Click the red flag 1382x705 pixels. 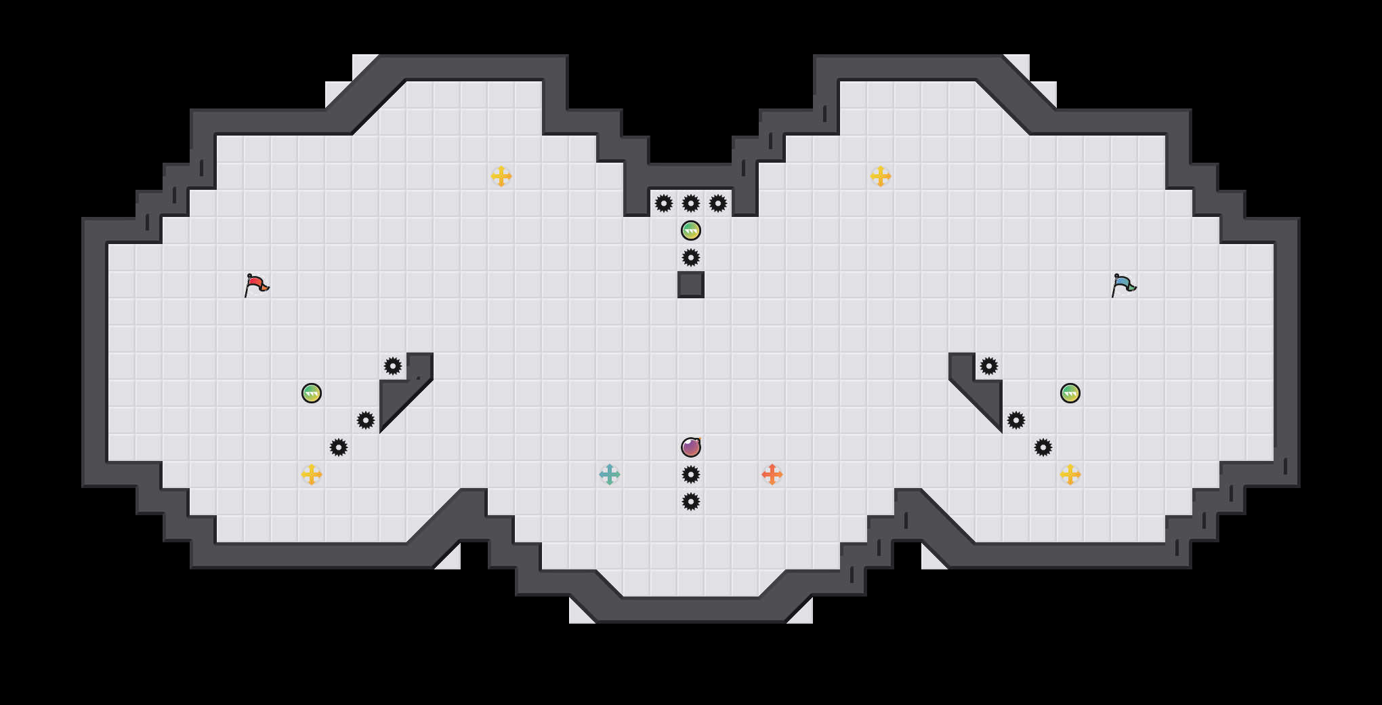click(256, 285)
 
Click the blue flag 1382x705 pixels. click(1123, 285)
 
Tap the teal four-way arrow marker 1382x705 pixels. click(610, 475)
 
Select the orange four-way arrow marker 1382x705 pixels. click(772, 475)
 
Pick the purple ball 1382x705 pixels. click(691, 447)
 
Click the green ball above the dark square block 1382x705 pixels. click(691, 230)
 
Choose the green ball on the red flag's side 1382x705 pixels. click(312, 393)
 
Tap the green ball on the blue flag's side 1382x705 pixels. click(1070, 393)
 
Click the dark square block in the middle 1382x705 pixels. click(691, 285)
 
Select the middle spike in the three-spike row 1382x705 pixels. click(691, 203)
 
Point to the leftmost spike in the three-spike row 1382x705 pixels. click(664, 203)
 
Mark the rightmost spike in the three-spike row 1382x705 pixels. click(718, 203)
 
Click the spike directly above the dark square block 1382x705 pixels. click(691, 258)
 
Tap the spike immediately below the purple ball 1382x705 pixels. click(691, 475)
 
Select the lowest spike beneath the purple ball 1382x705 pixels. click(691, 502)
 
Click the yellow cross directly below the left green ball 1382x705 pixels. click(312, 475)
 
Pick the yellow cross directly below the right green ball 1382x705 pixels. click(1070, 475)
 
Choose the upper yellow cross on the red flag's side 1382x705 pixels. click(501, 176)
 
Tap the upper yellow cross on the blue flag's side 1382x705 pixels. click(881, 176)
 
